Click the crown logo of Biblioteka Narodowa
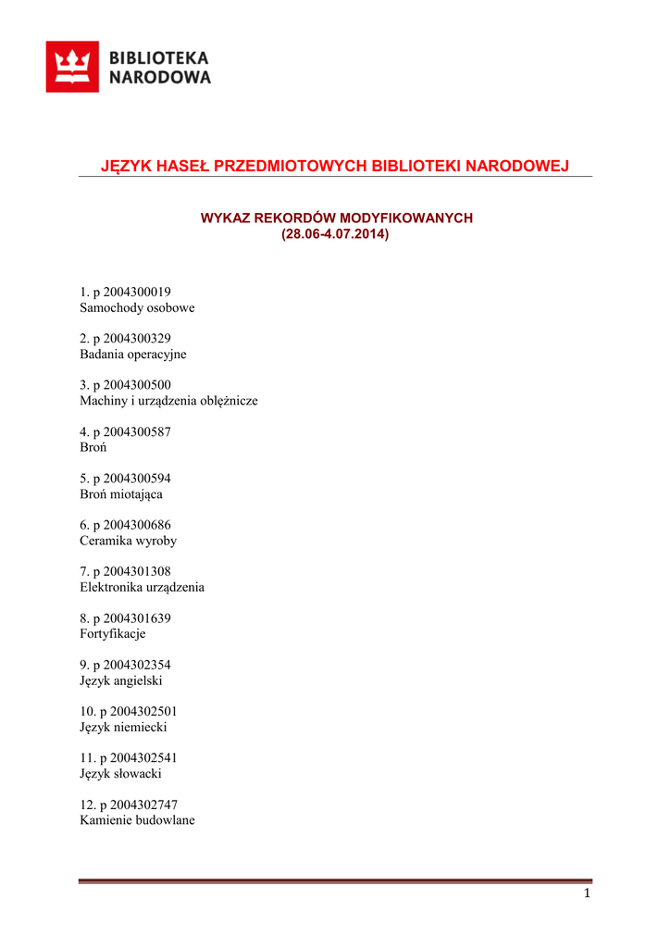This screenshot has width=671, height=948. click(72, 67)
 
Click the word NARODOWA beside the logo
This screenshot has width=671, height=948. click(160, 78)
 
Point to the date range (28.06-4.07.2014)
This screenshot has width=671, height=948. click(335, 234)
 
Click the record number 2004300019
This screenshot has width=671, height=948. click(138, 292)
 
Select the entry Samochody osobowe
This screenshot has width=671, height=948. click(137, 308)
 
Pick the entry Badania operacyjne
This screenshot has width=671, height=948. click(133, 355)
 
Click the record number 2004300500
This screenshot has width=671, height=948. click(138, 385)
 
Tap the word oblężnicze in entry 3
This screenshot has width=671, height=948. click(227, 402)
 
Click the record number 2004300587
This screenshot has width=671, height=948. click(138, 431)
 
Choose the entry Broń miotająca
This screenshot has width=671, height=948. click(121, 494)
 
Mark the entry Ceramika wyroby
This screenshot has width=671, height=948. click(128, 541)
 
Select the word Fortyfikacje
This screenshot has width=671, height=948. click(113, 634)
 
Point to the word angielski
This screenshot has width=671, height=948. click(136, 681)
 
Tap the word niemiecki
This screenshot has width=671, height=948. click(139, 728)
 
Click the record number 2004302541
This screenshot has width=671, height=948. click(144, 758)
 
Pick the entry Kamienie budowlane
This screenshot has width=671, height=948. click(137, 821)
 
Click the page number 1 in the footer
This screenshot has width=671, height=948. click(587, 893)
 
